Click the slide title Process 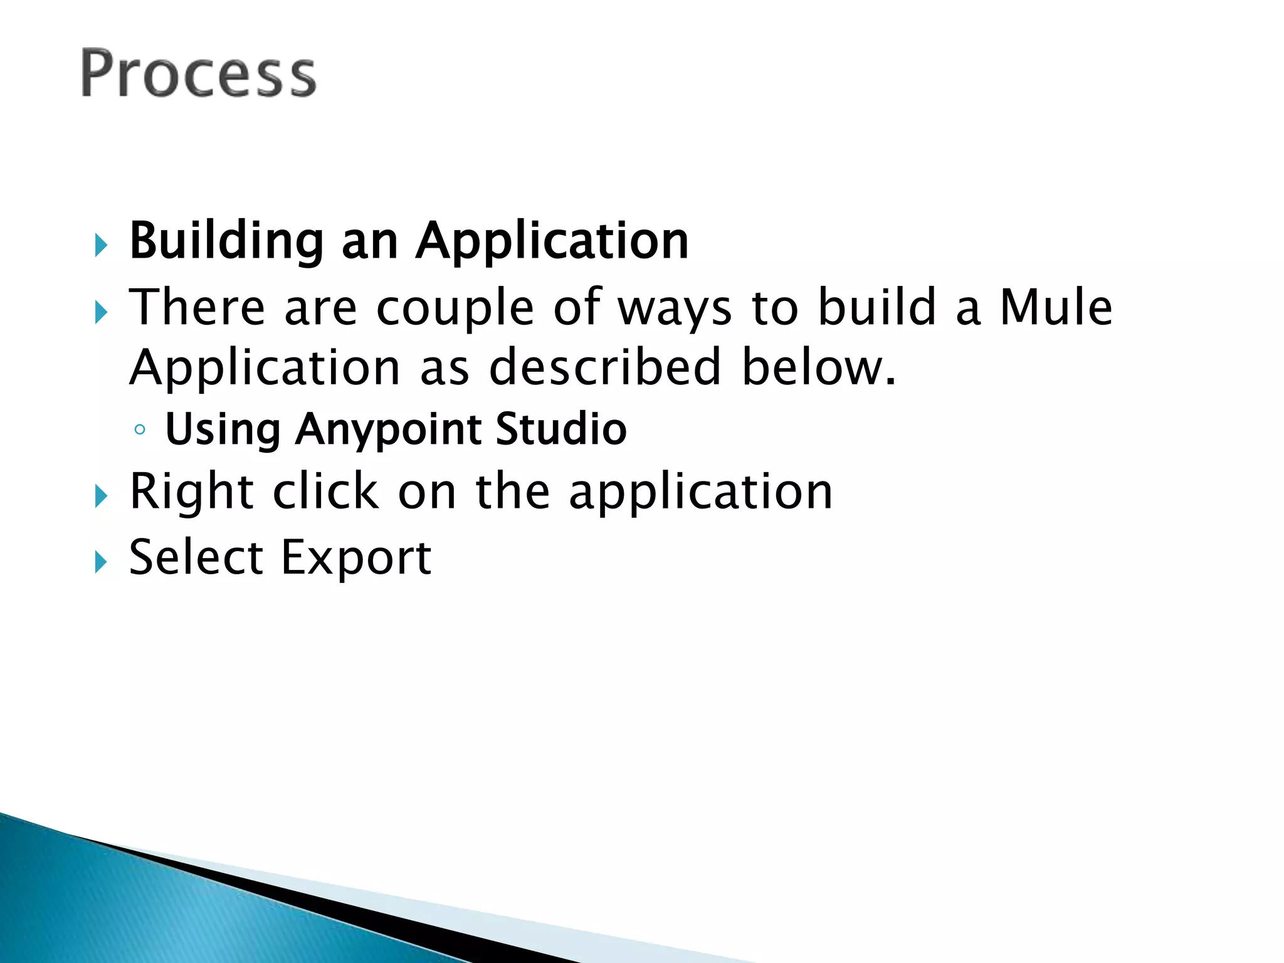[x=198, y=74]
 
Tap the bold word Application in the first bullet [x=552, y=242]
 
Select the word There [x=197, y=307]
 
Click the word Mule [x=1055, y=307]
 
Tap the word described [x=604, y=367]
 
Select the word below [x=818, y=367]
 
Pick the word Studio [x=560, y=429]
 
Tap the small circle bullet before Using [x=140, y=430]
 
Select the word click [x=325, y=492]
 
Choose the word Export [x=355, y=558]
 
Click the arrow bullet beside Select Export [x=101, y=562]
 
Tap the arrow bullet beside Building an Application [x=101, y=246]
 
